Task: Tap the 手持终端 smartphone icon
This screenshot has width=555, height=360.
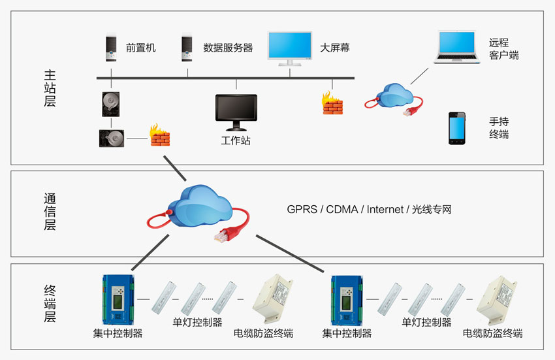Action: (x=458, y=128)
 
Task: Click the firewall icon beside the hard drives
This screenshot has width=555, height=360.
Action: (x=159, y=135)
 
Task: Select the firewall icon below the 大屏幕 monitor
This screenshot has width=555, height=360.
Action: (x=332, y=103)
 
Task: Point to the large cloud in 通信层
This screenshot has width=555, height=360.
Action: (x=202, y=206)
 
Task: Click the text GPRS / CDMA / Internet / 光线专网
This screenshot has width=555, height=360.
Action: (x=370, y=210)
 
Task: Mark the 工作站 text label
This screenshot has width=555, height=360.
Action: (x=236, y=140)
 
